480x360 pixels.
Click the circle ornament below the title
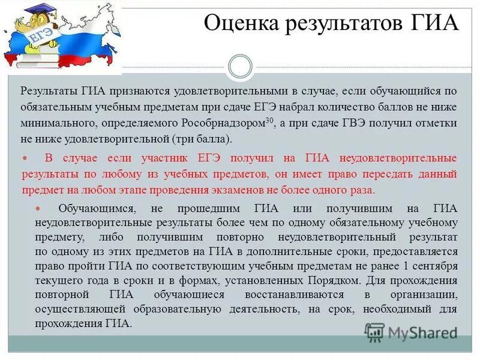point(241,67)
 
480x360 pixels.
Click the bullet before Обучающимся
point(38,209)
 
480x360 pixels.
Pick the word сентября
point(437,265)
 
